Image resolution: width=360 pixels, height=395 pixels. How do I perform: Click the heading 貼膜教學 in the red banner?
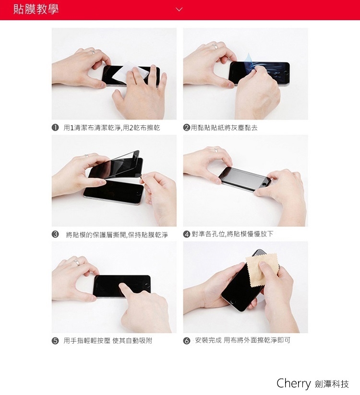(36, 9)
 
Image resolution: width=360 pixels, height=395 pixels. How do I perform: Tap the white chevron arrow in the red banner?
(179, 10)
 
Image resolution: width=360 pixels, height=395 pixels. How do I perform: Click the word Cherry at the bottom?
(294, 383)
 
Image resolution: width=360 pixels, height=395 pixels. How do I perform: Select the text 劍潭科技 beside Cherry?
(332, 384)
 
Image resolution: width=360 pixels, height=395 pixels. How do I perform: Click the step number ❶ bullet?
(55, 128)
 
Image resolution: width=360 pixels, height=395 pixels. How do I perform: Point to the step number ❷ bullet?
(186, 128)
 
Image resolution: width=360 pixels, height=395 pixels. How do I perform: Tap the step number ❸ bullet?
(55, 235)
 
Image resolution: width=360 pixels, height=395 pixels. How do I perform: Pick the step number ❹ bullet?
(186, 235)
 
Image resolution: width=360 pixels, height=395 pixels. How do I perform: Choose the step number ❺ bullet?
(55, 341)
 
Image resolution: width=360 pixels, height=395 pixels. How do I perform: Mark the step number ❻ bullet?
(186, 341)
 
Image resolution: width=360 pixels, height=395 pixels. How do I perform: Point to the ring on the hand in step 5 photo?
(76, 262)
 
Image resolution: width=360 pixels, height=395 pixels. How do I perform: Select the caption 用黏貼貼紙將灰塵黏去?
(224, 128)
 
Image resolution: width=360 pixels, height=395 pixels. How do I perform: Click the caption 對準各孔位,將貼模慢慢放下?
(232, 234)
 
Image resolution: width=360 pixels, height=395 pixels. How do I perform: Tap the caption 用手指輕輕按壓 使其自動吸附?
(108, 341)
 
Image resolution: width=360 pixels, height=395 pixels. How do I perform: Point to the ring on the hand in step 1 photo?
(92, 52)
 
